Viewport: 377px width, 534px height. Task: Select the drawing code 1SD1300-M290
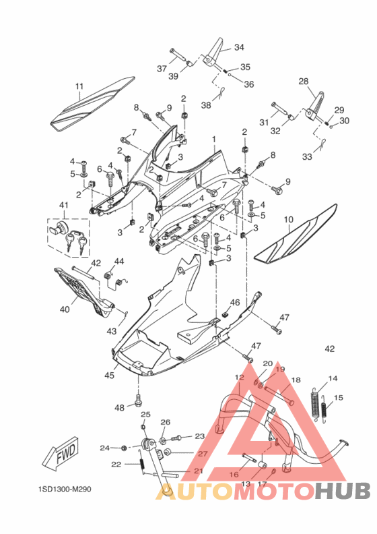(65, 489)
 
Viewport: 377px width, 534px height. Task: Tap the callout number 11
(79, 86)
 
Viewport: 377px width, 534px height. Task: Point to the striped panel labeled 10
(296, 234)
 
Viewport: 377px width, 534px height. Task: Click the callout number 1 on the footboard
(214, 140)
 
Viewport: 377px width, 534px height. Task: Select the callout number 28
(304, 82)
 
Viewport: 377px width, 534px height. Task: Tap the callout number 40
(65, 309)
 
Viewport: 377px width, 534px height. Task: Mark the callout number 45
(109, 376)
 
